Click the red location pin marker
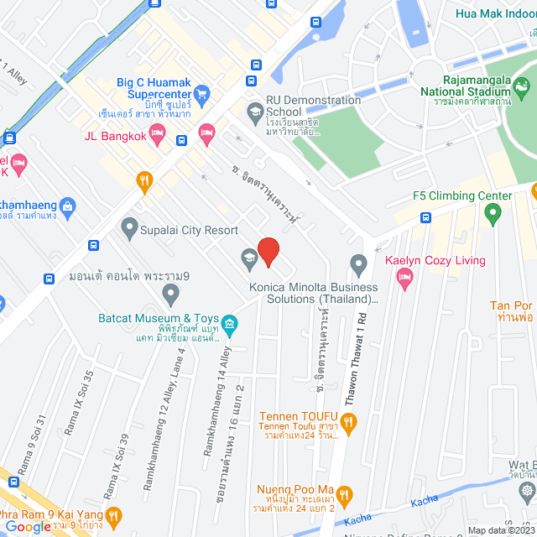coord(268,252)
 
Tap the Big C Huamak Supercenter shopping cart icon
coord(201,95)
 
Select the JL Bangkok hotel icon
coord(206,133)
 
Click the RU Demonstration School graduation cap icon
coord(254,111)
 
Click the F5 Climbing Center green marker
coord(493,216)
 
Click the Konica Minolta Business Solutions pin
coord(359,265)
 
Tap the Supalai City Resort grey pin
coord(129,227)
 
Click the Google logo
coord(29,526)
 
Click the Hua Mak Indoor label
coord(495,13)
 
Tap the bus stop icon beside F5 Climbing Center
coord(425,218)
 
